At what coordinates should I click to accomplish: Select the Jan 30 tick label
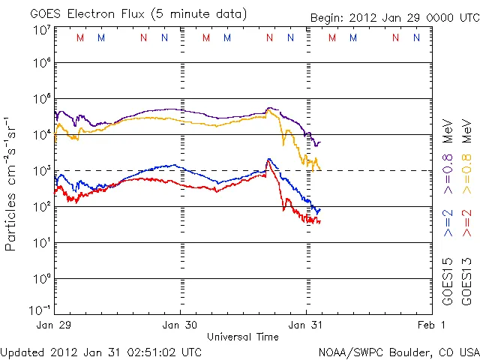tap(181, 325)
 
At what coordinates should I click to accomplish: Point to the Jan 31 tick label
tap(306, 325)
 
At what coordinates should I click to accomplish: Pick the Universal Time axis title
tap(243, 337)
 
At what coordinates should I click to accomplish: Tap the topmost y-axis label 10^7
tap(42, 30)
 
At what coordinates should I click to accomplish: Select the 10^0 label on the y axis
tap(42, 279)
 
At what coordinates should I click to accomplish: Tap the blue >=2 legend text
tap(448, 223)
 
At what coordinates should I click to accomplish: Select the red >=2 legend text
tap(466, 223)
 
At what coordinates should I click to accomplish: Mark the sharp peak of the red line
tap(268, 159)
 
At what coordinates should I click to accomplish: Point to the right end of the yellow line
tap(321, 169)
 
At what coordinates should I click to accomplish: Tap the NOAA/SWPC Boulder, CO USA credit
tap(398, 352)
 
